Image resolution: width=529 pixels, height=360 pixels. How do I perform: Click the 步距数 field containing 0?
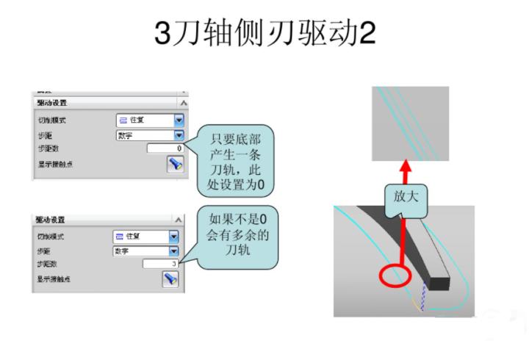[165, 148]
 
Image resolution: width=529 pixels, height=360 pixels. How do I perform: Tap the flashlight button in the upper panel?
[174, 164]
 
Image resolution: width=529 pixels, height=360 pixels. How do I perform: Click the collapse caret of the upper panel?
[182, 103]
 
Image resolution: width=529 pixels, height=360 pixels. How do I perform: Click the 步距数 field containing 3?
[161, 264]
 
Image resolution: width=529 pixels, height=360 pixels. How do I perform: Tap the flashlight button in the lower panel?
[170, 279]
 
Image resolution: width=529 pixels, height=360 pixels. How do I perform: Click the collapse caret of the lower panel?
[178, 220]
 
